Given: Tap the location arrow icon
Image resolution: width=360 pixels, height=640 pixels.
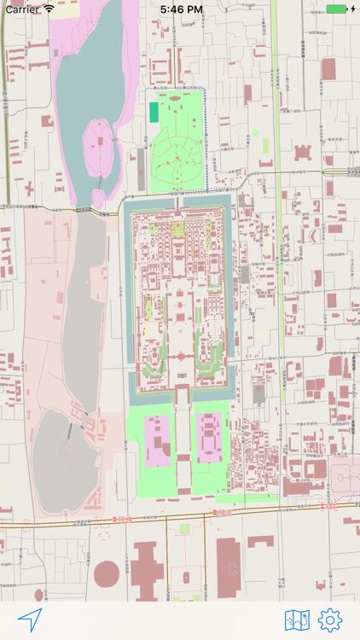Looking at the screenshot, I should tap(30, 620).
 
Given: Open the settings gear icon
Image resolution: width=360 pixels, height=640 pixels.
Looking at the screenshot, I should tap(330, 620).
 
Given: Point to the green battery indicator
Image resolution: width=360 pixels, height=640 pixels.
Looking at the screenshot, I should tap(336, 9).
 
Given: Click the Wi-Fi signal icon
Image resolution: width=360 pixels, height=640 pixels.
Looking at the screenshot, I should tap(49, 9).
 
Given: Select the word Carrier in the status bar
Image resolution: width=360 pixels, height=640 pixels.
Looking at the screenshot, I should tap(22, 9).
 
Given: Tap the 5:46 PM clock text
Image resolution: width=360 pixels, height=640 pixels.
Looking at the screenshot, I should tap(181, 9).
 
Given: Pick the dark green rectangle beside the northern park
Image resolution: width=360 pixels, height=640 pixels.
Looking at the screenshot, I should tap(154, 112).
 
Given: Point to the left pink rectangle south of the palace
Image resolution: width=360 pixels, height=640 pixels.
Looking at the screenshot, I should tap(156, 440).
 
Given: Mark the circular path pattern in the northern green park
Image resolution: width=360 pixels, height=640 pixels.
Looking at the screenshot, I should tap(180, 157).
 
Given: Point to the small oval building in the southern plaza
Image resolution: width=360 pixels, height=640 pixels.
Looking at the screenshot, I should tap(186, 577).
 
